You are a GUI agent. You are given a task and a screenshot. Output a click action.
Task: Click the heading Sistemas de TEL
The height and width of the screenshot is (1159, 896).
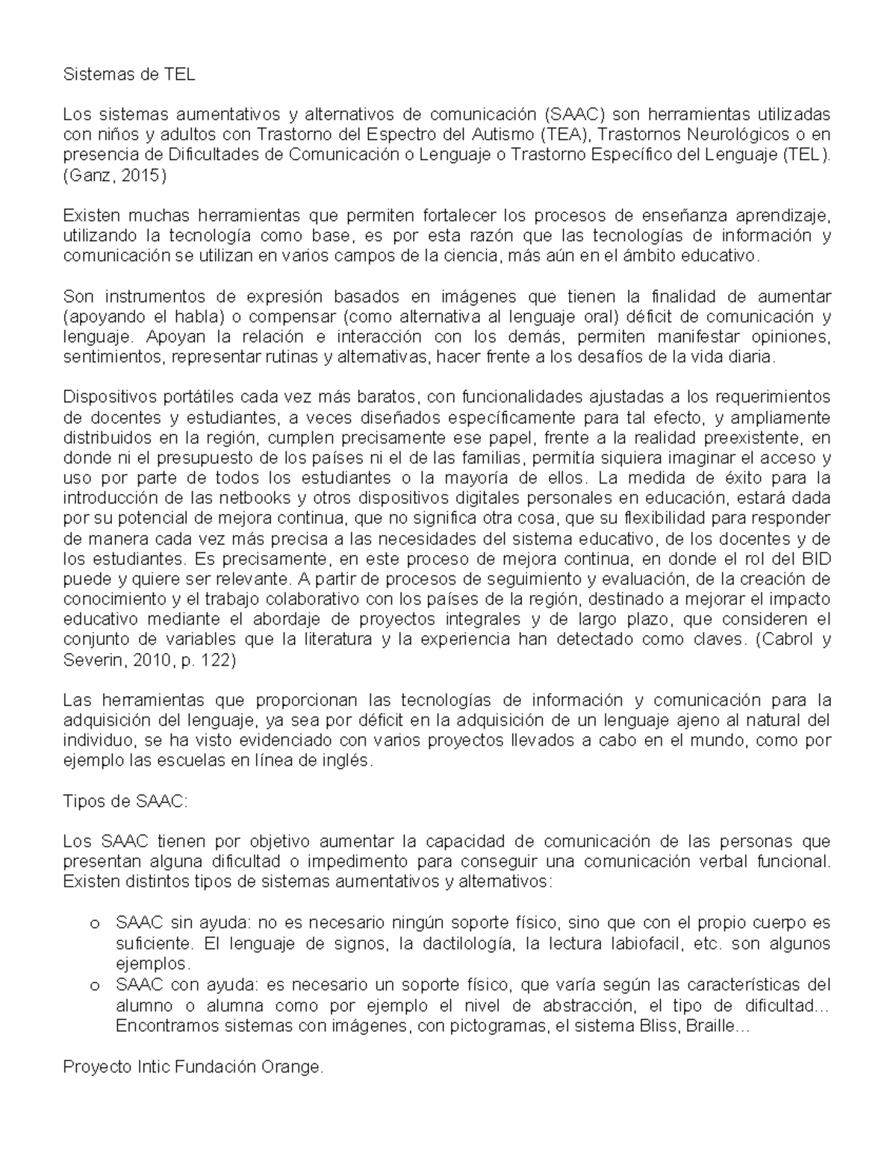pos(128,75)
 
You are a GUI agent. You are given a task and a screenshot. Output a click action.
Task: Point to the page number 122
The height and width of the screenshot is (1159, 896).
pos(220,660)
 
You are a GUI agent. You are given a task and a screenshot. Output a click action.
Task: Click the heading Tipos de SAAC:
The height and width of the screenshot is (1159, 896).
pos(127,802)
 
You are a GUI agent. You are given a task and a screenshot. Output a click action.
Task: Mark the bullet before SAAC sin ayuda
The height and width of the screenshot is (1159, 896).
pos(94,924)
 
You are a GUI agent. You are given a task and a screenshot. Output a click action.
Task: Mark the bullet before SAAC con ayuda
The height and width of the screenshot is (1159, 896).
pos(94,985)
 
